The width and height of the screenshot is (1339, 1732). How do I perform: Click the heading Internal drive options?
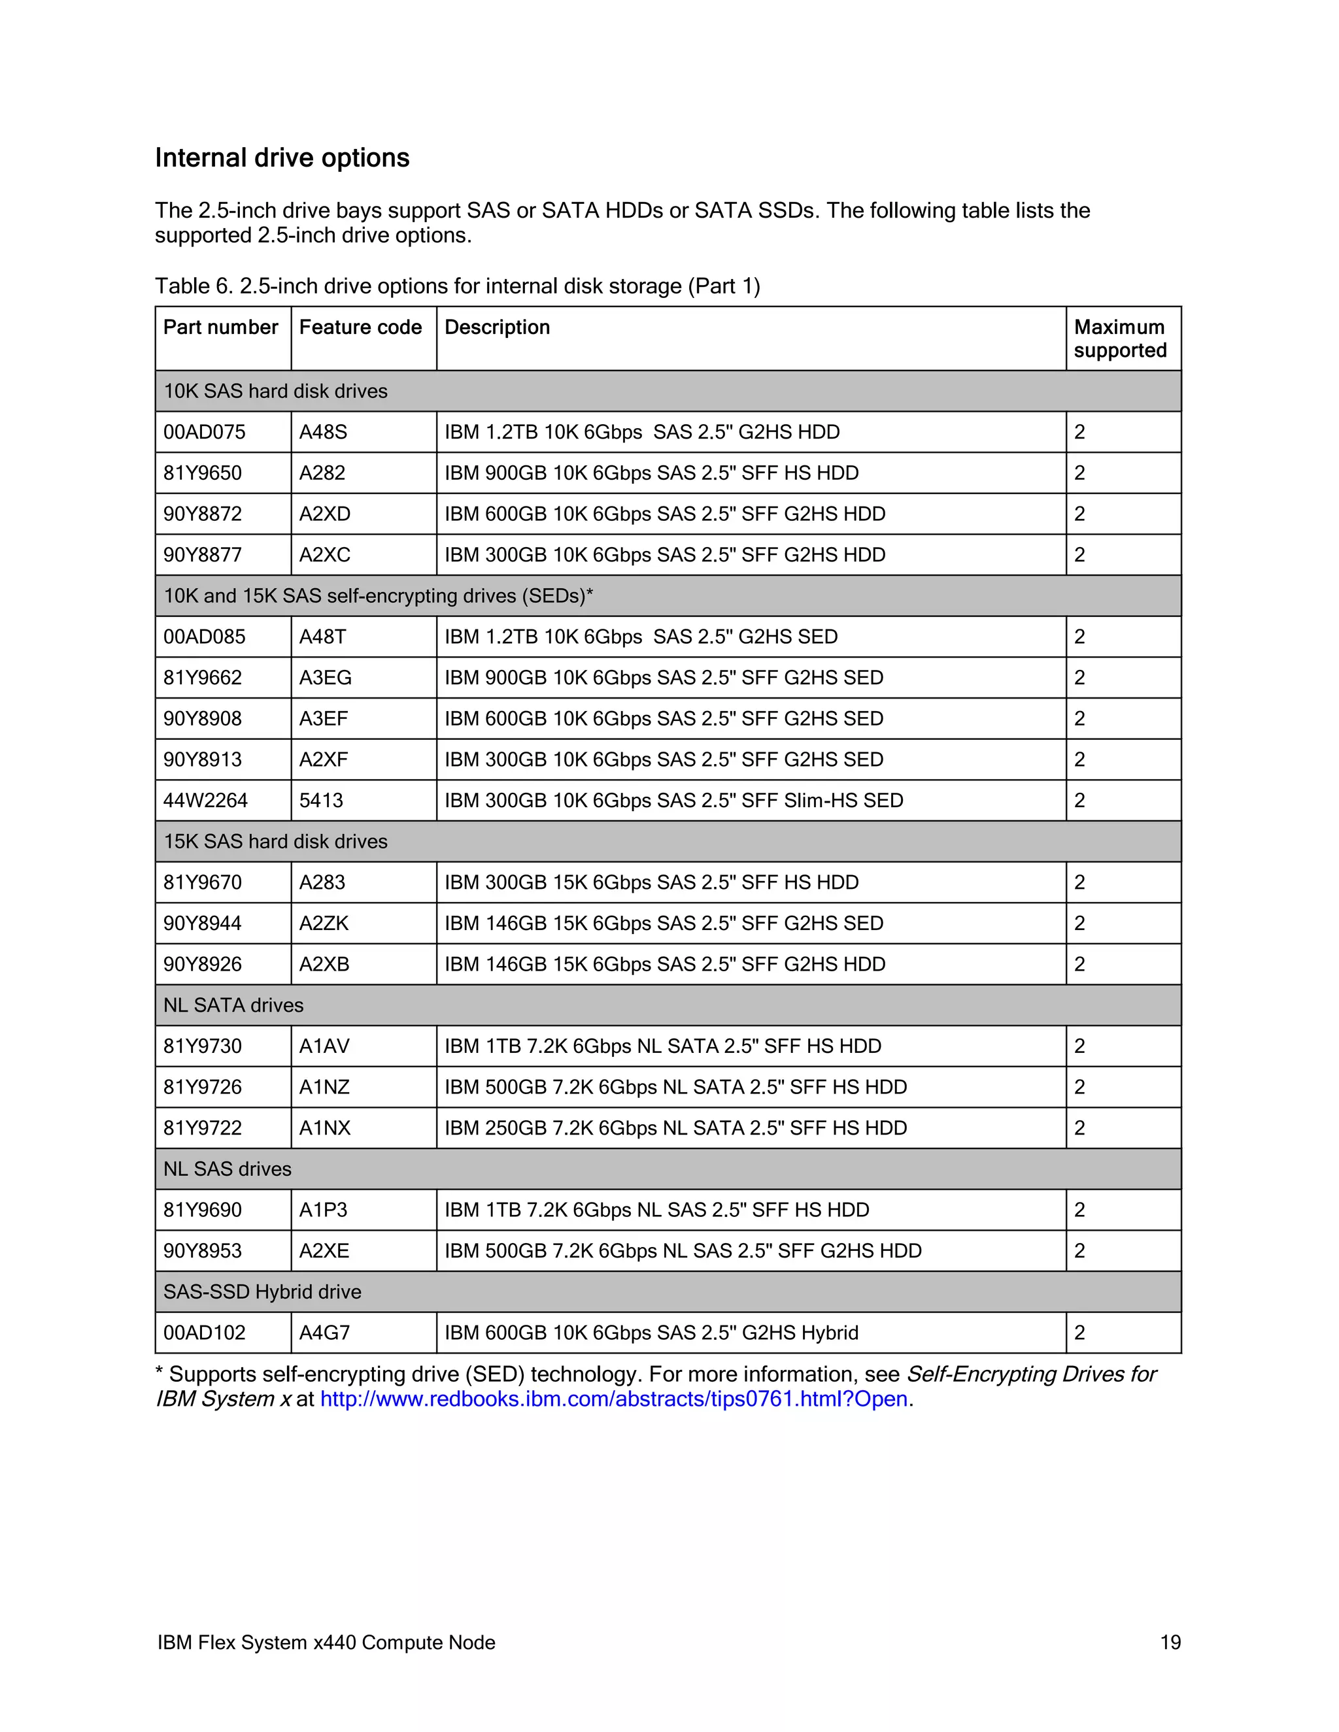(282, 158)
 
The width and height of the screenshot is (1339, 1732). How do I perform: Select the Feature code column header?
(360, 327)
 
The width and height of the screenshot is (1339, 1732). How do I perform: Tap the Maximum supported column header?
(1119, 339)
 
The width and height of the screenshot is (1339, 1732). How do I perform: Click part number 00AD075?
(205, 432)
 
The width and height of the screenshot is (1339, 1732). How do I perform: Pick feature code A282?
(322, 473)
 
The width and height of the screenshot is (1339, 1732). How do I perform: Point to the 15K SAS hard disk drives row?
(275, 841)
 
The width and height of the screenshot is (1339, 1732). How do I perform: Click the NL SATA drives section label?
(233, 1006)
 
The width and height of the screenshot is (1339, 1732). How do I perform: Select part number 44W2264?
(205, 801)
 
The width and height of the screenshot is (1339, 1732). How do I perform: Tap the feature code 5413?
(321, 801)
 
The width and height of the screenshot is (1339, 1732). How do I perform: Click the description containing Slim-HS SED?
(673, 801)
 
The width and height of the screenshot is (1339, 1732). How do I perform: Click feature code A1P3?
(323, 1210)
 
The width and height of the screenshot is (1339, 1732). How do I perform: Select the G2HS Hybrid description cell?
(651, 1333)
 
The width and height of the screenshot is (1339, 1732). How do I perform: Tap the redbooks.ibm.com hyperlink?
(613, 1399)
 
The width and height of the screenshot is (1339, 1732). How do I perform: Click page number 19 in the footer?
(1170, 1642)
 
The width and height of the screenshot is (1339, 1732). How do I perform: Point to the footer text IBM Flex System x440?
(326, 1642)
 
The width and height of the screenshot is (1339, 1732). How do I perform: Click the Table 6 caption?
(457, 286)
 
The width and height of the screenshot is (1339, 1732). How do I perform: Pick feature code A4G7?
(324, 1333)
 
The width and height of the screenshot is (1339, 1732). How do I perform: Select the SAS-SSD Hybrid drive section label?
(262, 1292)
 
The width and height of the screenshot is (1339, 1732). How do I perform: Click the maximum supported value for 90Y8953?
(1079, 1252)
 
